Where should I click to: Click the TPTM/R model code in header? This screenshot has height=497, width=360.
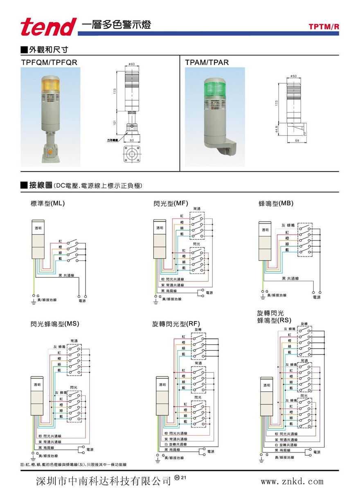coord(324,27)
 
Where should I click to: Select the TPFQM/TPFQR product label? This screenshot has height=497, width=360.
coord(49,62)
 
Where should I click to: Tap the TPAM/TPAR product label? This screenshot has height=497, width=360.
coord(207,62)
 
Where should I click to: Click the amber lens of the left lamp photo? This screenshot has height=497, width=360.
coord(50,85)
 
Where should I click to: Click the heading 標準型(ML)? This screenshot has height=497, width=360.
coord(48,203)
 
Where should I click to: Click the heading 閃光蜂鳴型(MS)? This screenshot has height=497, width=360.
coord(55,324)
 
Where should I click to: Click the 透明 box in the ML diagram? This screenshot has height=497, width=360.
coord(38,228)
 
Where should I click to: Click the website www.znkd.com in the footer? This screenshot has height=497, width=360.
coord(292,481)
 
